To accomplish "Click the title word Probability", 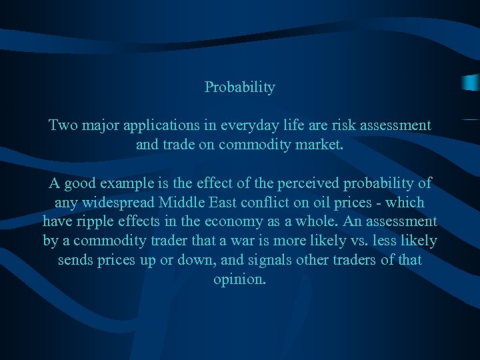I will [x=239, y=87].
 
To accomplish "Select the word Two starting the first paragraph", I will [x=63, y=125].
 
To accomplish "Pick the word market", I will [x=321, y=144].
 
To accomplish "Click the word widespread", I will [x=123, y=202].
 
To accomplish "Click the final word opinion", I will [x=239, y=279].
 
